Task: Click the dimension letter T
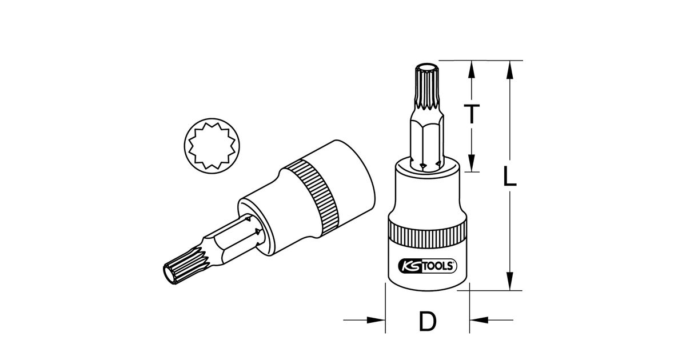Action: point(472,114)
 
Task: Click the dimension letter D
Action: point(428,321)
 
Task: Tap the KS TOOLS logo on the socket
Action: point(428,266)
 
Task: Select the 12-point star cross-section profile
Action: point(212,146)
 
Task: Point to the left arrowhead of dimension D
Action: point(376,320)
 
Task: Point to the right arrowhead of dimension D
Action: point(478,320)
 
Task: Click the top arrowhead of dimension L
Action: point(509,70)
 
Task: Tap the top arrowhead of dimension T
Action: point(472,70)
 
